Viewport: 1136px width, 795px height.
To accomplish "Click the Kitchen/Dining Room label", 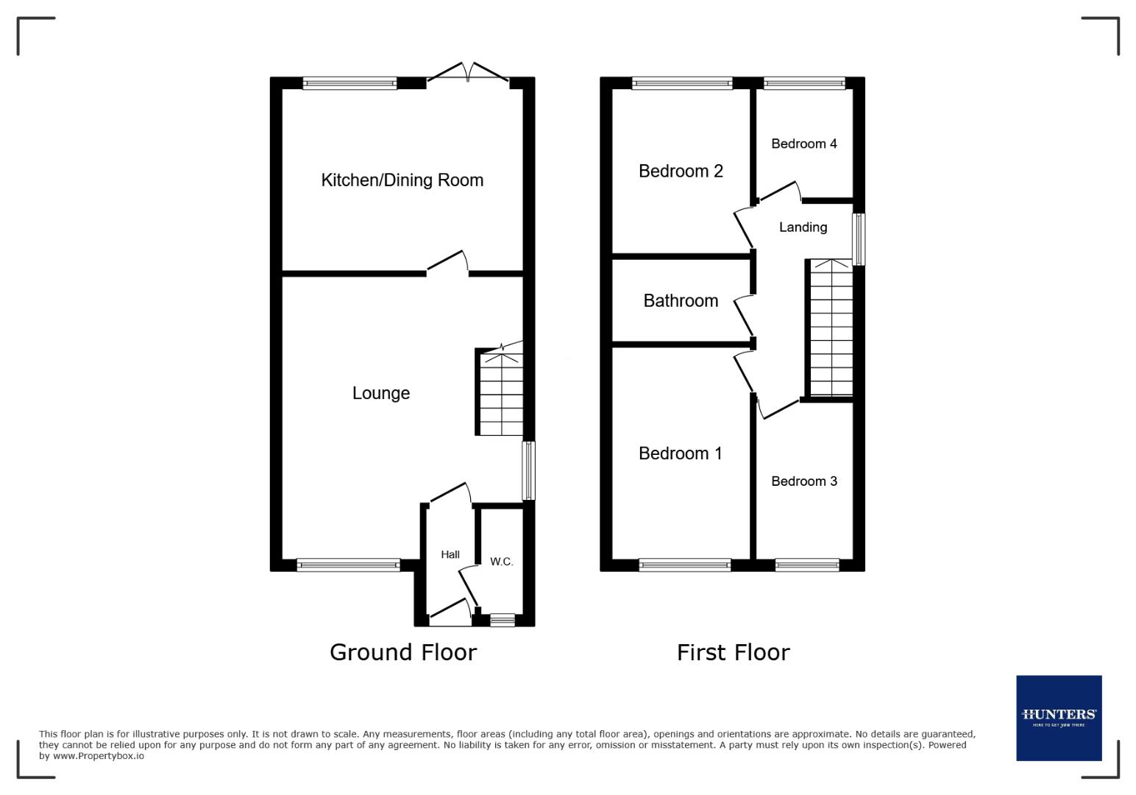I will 402,180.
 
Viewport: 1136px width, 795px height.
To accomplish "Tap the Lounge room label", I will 380,393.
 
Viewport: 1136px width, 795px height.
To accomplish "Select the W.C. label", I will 501,562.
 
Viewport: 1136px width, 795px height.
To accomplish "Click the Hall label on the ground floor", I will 450,554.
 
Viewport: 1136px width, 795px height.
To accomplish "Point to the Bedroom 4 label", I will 803,144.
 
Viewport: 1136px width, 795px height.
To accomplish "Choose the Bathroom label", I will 681,300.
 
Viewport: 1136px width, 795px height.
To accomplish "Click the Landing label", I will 803,227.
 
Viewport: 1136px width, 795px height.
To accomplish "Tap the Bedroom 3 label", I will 803,481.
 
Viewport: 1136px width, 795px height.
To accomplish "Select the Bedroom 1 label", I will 680,453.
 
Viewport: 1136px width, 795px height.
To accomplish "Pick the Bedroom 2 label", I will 681,172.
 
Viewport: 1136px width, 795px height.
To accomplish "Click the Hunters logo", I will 1059,718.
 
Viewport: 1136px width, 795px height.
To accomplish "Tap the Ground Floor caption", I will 403,652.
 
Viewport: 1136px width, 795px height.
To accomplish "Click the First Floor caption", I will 733,652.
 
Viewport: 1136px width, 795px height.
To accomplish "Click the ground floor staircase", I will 501,394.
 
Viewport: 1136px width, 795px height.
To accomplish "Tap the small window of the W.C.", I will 503,621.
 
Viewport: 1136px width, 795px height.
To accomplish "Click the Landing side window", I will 859,239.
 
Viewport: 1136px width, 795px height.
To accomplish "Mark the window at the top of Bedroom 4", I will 804,84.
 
